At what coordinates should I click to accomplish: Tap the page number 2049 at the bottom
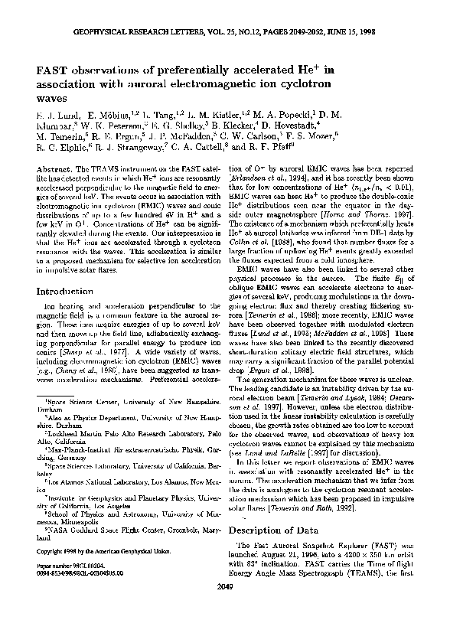click(225, 608)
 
